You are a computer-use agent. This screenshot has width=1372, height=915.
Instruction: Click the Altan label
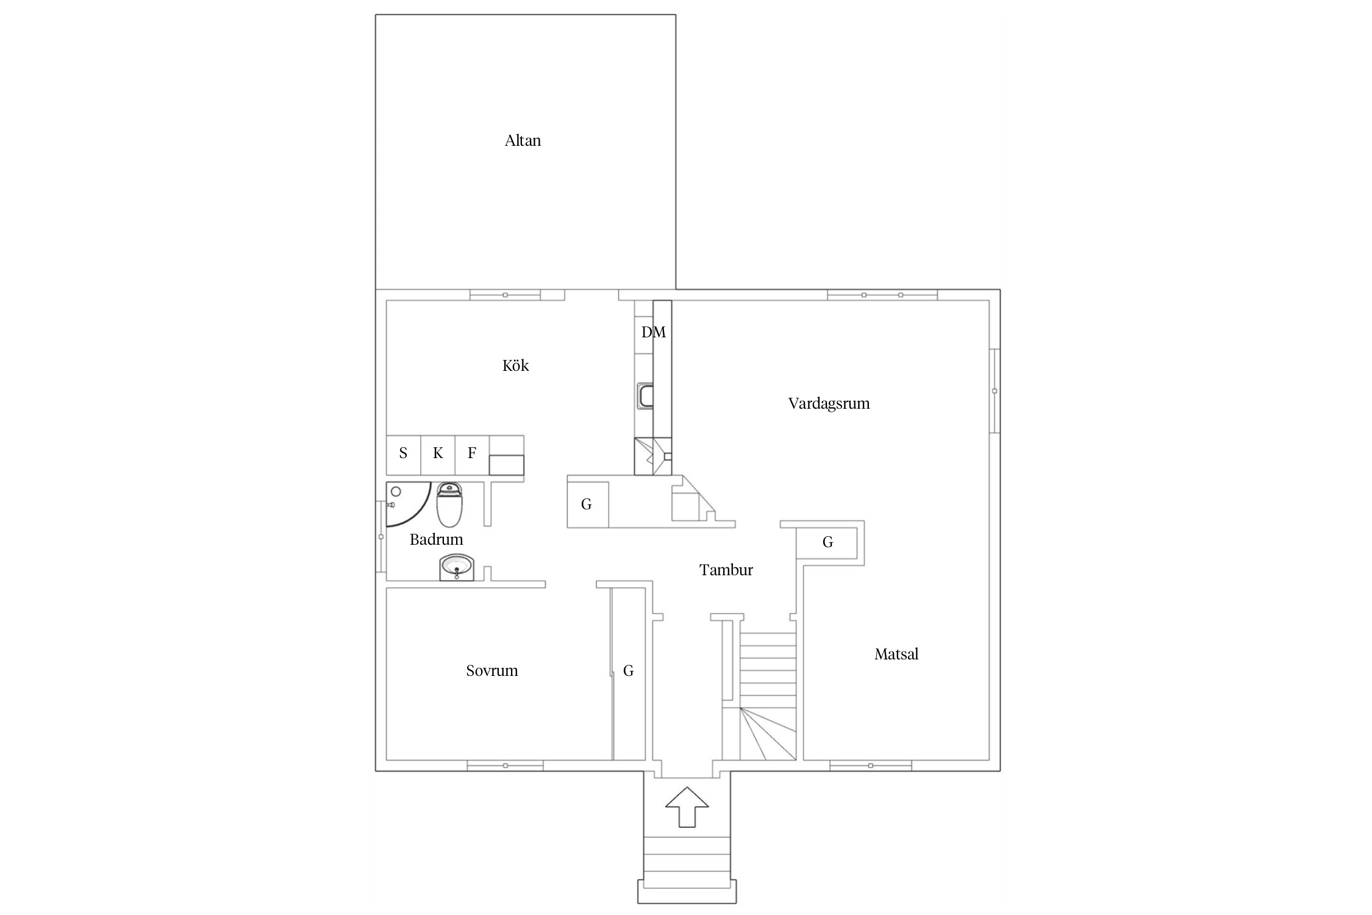pos(523,141)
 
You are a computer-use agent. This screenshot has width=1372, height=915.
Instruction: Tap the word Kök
pos(515,365)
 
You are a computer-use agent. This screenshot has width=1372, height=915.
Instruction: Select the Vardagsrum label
pos(829,404)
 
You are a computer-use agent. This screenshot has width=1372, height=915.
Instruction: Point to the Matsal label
pos(896,655)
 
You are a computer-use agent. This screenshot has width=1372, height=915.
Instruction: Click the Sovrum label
pos(491,671)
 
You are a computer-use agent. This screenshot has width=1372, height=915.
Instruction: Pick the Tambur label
pos(726,570)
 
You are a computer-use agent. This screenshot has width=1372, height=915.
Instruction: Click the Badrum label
pos(436,539)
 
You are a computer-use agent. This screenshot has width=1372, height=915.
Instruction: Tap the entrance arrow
pos(687,806)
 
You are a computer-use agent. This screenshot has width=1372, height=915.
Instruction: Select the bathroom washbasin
pos(457,568)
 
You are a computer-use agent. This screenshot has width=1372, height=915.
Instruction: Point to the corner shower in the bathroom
pos(407,504)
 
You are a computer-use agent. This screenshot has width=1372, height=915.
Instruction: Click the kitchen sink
pos(645,395)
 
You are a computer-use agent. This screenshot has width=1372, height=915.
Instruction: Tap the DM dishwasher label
pos(653,332)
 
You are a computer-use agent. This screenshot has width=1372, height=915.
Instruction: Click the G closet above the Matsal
pos(827,543)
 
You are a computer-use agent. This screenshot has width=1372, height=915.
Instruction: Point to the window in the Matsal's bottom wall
pos(871,766)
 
